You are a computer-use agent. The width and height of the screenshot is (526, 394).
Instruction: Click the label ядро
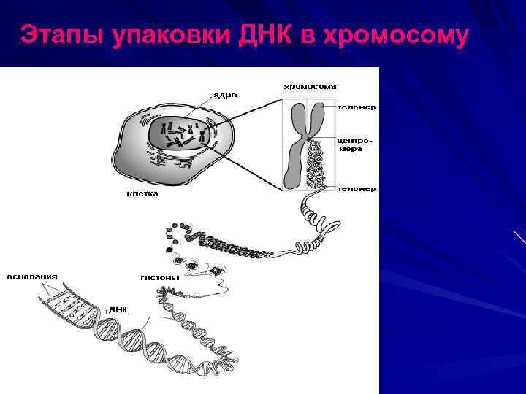pyautogui.click(x=225, y=95)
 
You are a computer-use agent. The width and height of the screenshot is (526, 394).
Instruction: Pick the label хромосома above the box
pyautogui.click(x=310, y=86)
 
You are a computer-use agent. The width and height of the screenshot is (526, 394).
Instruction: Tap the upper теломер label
pyautogui.click(x=357, y=107)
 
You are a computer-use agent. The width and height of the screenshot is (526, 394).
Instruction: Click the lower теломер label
pyautogui.click(x=357, y=188)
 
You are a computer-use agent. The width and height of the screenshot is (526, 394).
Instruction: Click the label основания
pyautogui.click(x=32, y=277)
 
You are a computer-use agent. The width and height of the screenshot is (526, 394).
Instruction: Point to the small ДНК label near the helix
pyautogui.click(x=118, y=309)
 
